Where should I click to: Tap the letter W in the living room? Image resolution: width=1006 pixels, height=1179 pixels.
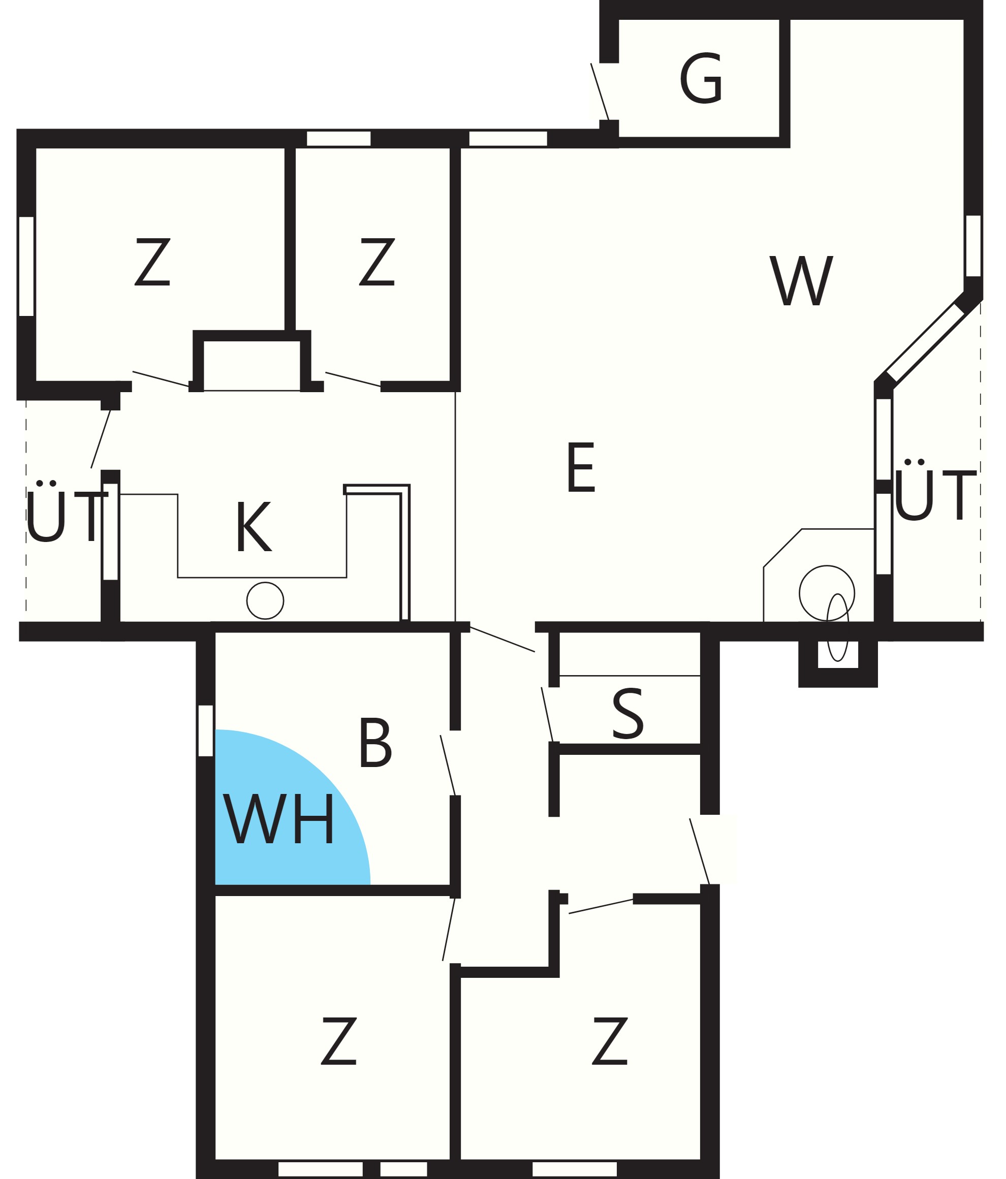pos(801,280)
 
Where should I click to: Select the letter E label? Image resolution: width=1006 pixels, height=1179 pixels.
pos(581,467)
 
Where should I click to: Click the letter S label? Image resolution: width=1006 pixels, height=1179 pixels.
pos(627,714)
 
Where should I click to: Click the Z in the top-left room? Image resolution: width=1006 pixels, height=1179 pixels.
pos(152,261)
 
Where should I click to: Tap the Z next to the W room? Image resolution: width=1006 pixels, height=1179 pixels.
pos(376,261)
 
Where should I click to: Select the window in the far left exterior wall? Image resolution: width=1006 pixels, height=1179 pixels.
pos(26,266)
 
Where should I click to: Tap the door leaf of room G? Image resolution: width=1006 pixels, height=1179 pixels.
pos(600,91)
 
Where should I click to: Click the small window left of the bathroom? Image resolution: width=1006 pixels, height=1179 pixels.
pos(205,731)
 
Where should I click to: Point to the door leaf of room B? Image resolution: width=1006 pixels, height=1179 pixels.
pos(448,766)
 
